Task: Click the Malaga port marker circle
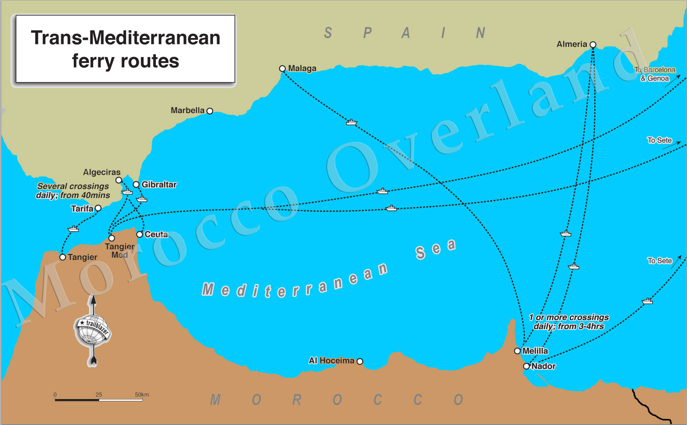point(282,69)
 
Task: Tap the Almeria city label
point(571,44)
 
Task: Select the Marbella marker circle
point(210,111)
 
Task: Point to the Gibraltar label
point(159,184)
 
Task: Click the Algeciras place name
point(102,172)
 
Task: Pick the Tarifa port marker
point(98,208)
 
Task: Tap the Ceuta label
point(156,235)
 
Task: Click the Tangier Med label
point(120,251)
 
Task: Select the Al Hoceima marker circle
point(360,361)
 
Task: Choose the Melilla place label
point(535,351)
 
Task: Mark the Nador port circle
point(526,366)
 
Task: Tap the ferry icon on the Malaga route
point(352,122)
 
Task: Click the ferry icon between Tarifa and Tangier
point(73,228)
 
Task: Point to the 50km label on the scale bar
point(142,395)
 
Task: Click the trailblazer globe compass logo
point(93,329)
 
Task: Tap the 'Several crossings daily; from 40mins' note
point(73,190)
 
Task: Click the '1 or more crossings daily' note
point(569,322)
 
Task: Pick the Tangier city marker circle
point(63,257)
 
